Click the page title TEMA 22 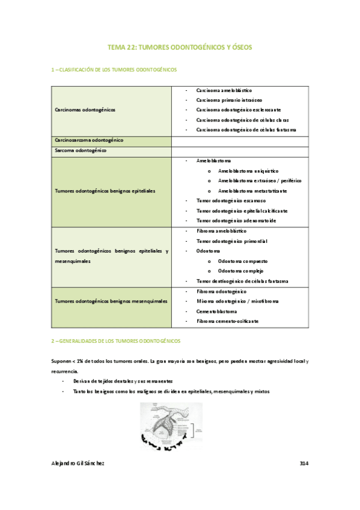180,46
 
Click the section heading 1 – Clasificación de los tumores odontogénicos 114,70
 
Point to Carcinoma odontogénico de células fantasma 246,130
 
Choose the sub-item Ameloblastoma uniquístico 248,171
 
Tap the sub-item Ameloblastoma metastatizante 252,191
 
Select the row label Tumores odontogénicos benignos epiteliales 105,191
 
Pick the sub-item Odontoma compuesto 243,262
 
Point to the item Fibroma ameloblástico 221,231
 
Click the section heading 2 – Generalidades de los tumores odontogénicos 115,341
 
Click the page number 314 304,464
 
